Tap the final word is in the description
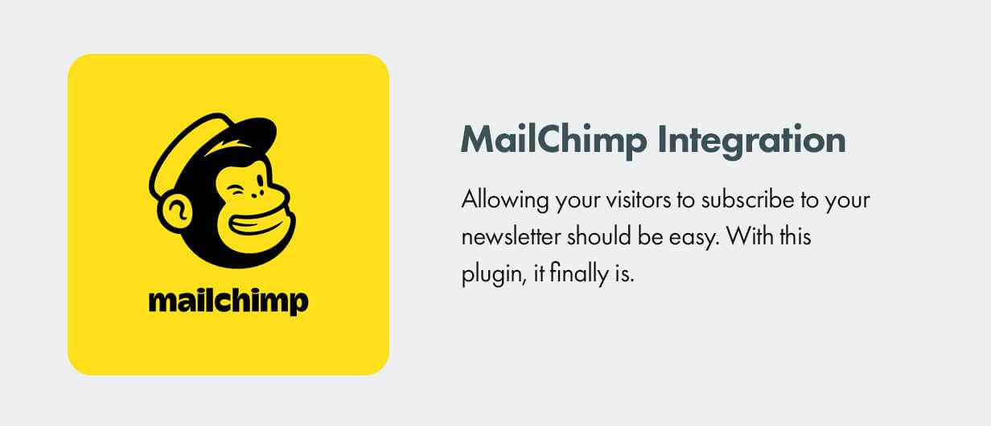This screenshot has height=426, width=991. click(626, 275)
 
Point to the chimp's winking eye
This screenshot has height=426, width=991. click(235, 190)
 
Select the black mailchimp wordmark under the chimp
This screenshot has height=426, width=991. click(228, 301)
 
